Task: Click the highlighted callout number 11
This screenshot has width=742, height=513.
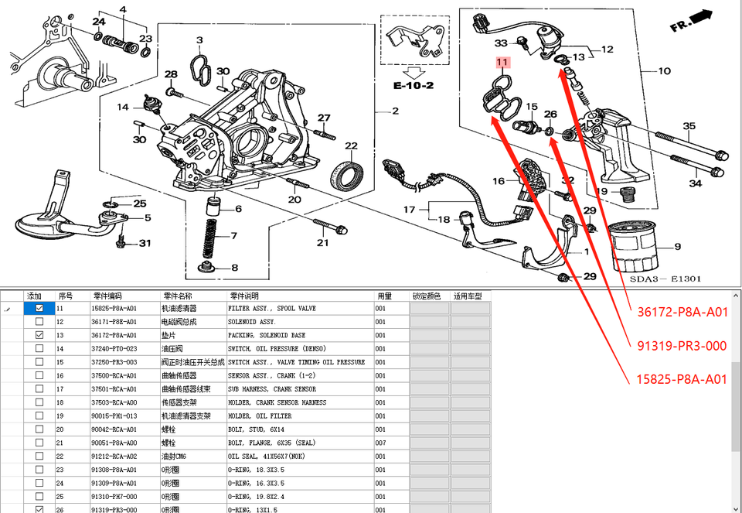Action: pos(502,62)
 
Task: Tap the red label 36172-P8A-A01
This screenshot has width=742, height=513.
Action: pos(682,313)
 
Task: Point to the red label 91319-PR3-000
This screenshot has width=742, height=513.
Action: pos(682,346)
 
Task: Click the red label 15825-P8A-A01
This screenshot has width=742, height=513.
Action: pos(682,379)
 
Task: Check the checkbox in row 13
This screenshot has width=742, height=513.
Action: pos(39,335)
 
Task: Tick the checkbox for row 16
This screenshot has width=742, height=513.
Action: pos(39,375)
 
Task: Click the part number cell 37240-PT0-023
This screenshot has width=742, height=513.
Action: pos(114,349)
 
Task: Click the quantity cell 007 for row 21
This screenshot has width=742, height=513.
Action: pos(380,443)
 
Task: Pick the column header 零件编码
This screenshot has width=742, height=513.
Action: pos(108,296)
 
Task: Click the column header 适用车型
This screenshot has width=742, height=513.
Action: pos(468,296)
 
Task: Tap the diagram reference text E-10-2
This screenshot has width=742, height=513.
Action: pos(413,86)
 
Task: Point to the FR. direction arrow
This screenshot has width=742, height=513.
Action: pos(692,19)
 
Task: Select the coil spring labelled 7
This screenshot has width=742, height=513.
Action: pos(210,240)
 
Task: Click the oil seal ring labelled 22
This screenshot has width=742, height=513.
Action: pos(344,175)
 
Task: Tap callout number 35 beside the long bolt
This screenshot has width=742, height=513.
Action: pos(689,126)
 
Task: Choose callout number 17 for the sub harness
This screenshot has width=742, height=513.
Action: pos(410,209)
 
